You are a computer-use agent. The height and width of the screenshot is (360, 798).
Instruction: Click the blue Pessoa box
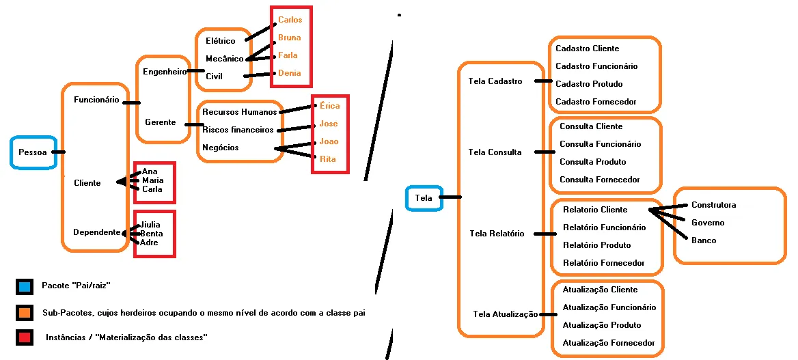pos(32,152)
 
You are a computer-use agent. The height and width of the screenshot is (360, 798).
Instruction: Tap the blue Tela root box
pos(424,198)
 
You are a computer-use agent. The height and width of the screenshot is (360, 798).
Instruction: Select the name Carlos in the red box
pos(290,20)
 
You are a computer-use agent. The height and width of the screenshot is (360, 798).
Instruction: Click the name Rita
pos(328,159)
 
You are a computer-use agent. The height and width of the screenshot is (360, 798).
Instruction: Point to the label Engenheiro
pos(165,72)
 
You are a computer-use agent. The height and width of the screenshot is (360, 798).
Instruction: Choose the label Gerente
pos(160,122)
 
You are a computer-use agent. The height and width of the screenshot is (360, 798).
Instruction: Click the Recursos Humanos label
pos(240,112)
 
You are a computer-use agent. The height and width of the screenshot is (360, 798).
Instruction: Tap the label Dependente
pos(97,232)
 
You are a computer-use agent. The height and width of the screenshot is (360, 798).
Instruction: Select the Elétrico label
pos(220,42)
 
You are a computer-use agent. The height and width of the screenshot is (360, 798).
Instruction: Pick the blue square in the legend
pos(25,286)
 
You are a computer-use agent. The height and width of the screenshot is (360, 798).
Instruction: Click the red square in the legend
pos(25,337)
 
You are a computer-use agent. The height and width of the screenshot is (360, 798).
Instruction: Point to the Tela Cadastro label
pos(495,81)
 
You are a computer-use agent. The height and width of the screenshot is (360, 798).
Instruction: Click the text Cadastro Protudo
pos(589,84)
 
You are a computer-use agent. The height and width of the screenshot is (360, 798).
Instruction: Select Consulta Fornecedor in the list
pos(600,180)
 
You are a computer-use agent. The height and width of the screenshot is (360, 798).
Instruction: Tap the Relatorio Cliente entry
pos(594,210)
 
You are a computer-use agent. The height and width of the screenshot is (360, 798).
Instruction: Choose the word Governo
pos(708,223)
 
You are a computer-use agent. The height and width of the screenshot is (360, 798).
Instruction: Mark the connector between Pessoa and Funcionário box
pos(58,152)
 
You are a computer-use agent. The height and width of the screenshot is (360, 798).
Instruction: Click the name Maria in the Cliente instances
pos(152,180)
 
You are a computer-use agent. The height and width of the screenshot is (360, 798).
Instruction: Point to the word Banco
pos(704,240)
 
